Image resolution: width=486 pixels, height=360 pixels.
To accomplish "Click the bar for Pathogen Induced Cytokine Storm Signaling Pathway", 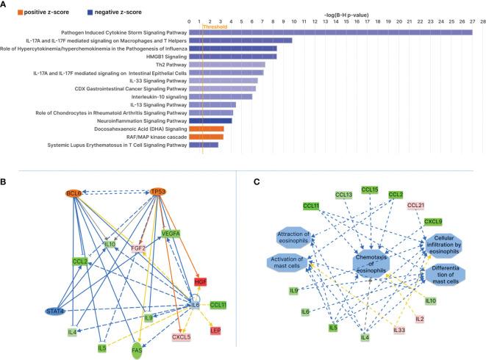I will click(x=331, y=32).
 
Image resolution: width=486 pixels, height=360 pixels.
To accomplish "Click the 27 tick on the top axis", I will click(x=472, y=21).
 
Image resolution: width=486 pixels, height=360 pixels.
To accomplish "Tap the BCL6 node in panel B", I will click(x=73, y=192).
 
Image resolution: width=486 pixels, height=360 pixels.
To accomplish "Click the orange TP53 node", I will click(x=157, y=192).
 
